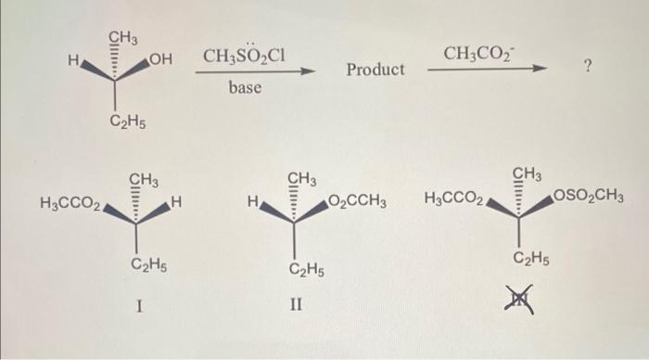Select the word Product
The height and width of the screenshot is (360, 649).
[x=375, y=70]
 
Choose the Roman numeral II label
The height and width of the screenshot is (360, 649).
[x=298, y=305]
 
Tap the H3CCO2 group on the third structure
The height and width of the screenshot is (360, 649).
[x=453, y=198]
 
